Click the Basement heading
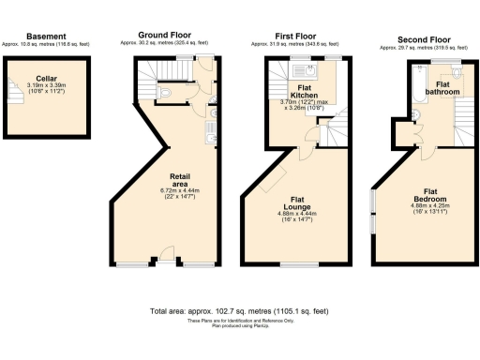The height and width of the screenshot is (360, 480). (x=46, y=36)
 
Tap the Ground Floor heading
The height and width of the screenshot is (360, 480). (x=165, y=36)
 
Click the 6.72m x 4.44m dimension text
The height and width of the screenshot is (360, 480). (x=182, y=192)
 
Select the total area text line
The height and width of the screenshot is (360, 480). (x=239, y=310)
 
